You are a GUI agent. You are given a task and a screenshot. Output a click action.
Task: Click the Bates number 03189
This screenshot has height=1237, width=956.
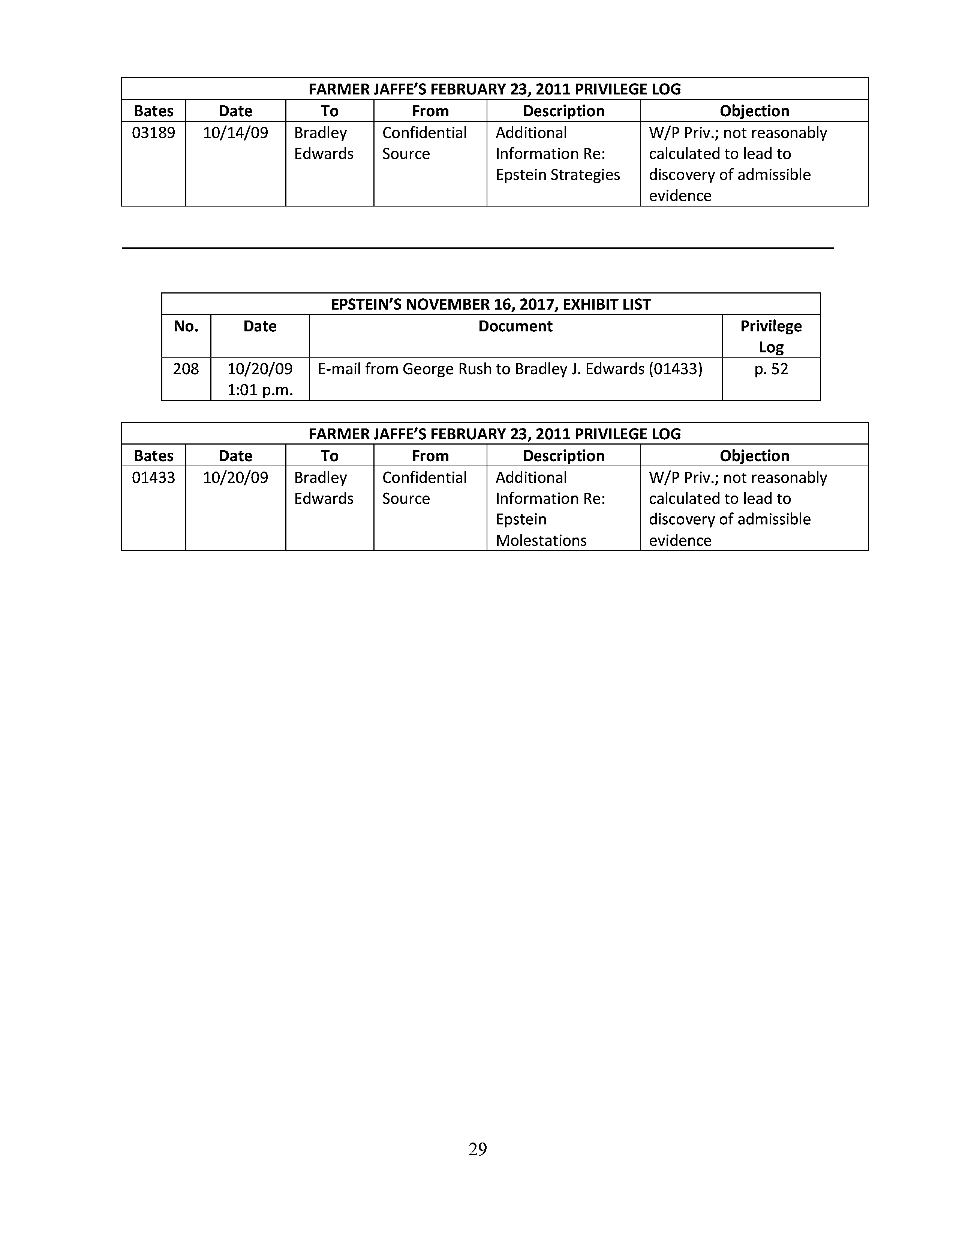[x=153, y=133]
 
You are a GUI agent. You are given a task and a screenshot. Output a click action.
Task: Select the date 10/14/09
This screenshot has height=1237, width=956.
[x=235, y=133]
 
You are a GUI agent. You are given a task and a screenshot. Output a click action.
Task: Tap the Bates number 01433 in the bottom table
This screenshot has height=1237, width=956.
[x=153, y=478]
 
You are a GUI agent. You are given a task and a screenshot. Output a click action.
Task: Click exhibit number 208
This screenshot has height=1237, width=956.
[x=186, y=369]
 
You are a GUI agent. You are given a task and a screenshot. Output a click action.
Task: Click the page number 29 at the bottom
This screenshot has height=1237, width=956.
[x=477, y=1149]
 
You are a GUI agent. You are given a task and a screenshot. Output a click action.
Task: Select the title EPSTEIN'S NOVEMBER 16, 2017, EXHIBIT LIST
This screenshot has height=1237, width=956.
[x=490, y=304]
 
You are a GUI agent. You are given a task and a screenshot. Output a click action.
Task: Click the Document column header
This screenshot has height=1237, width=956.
[x=515, y=326]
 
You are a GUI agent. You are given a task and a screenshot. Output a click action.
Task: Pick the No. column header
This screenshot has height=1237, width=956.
[x=186, y=326]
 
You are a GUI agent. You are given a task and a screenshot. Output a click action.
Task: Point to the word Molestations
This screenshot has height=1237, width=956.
[x=541, y=540]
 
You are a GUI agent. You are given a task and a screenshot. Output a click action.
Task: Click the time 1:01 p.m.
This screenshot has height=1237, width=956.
[x=260, y=390]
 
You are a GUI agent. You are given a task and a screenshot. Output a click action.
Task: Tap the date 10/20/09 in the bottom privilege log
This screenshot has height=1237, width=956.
[x=235, y=478]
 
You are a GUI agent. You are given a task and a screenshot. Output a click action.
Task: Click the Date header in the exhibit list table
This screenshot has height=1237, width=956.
[x=260, y=326]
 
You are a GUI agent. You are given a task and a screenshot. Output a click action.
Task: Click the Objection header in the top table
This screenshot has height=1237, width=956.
[x=754, y=111]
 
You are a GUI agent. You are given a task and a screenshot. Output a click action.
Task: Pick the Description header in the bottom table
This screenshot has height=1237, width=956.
[x=563, y=456]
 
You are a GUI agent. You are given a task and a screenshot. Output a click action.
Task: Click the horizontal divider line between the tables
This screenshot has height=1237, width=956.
[x=477, y=248]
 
